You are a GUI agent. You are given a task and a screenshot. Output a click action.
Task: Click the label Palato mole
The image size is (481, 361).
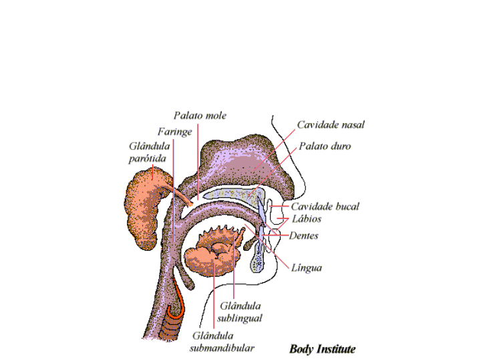point(200,116)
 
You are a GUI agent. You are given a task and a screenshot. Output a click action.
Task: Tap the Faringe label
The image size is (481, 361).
point(174,132)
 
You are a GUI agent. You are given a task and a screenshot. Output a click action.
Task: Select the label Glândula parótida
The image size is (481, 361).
point(148,152)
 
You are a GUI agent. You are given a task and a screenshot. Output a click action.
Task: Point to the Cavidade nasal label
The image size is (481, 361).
point(330,124)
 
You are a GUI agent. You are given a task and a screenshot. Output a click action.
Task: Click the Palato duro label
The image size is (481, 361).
point(324,146)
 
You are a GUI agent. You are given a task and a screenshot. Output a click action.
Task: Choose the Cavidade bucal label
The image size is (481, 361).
point(324,207)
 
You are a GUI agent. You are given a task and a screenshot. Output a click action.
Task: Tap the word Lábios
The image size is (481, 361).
point(306,219)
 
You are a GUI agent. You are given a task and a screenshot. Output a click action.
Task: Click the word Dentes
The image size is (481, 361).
point(304,236)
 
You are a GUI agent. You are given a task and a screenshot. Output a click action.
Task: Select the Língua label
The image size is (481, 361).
point(307,267)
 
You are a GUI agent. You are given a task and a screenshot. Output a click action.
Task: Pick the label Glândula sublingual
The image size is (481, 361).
point(239,312)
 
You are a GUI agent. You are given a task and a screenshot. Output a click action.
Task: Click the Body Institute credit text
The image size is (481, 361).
point(322,349)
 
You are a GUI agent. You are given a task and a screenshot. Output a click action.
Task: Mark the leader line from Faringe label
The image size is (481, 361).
point(173,187)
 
